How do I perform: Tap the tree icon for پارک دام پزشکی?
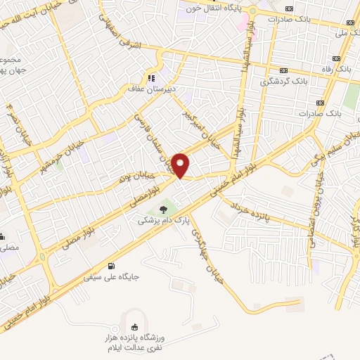(164, 210)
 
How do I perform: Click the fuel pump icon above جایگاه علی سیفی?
(112, 266)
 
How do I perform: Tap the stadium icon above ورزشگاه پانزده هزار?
(134, 326)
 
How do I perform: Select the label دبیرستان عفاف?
(150, 89)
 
